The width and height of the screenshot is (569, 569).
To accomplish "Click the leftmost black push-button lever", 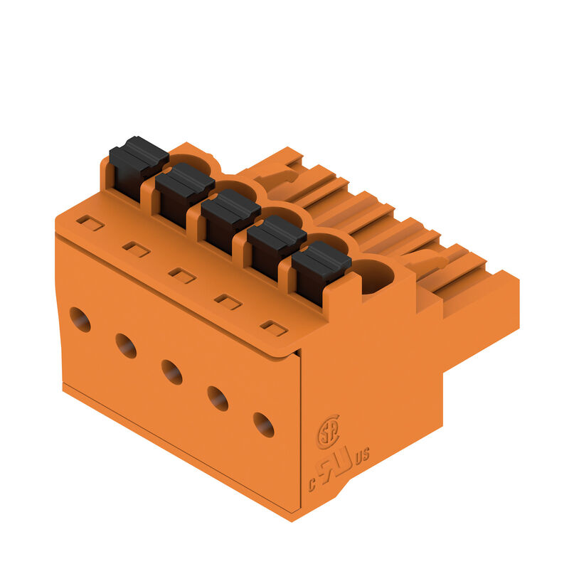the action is coord(139,168).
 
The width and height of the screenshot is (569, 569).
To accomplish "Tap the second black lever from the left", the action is coord(185,194).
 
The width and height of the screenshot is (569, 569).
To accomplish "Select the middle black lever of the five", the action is coord(230,220).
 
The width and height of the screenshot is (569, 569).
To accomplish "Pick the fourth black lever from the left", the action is coord(277,247).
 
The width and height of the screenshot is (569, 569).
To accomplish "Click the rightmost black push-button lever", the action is coord(321,273).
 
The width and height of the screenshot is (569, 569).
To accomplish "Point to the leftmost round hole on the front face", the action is coord(80,319).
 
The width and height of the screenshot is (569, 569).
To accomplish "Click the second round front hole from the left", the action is coord(126,346).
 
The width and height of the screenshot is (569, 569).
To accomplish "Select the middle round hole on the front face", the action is coord(172,372).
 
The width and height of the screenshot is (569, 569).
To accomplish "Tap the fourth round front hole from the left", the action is coord(218,398).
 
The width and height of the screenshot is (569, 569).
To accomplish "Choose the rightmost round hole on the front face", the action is coord(263,425).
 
